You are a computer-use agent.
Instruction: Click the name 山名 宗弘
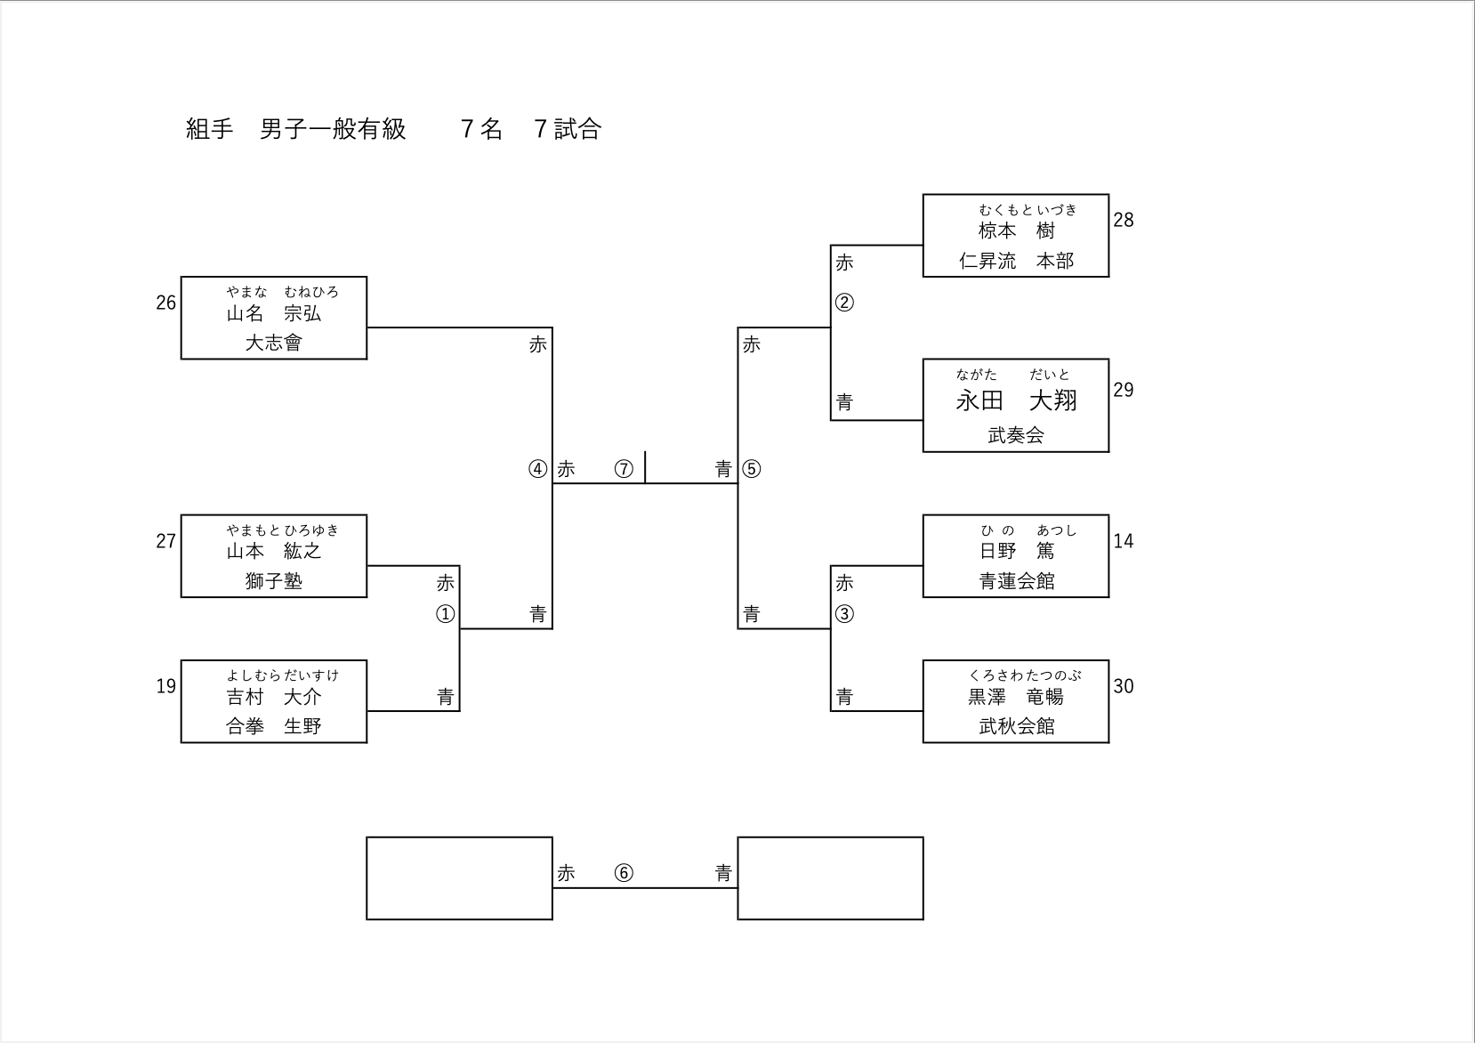[273, 314]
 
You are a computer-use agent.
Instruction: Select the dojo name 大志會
[273, 344]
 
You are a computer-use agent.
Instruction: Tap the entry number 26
[166, 303]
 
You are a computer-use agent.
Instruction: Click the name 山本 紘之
[273, 552]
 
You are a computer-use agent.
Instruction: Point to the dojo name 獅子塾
[273, 582]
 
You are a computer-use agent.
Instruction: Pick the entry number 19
[166, 686]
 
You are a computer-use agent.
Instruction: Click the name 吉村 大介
[273, 698]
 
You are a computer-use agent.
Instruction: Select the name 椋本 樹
[1016, 231]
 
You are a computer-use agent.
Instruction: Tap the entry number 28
[1124, 221]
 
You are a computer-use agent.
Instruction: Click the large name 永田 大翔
[1016, 401]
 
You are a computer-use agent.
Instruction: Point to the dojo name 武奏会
[1016, 436]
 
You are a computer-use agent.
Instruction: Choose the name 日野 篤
[1016, 552]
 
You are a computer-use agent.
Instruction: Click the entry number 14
[1124, 541]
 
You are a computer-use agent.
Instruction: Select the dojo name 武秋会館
[1016, 727]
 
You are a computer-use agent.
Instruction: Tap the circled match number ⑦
[624, 469]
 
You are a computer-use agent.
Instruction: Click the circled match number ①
[445, 614]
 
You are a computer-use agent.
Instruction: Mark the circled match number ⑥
[624, 873]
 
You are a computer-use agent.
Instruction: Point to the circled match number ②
[844, 303]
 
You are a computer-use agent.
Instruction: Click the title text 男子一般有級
[333, 130]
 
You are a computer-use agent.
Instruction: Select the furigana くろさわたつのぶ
[1025, 675]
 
